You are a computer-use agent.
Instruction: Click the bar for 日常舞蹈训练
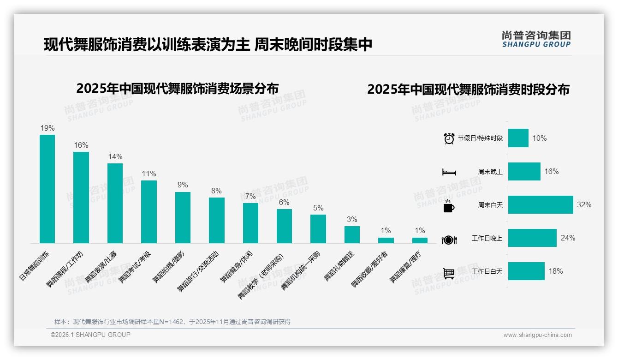(47, 189)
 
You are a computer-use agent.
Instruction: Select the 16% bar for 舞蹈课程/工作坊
(81, 198)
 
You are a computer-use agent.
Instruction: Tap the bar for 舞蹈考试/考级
(149, 211)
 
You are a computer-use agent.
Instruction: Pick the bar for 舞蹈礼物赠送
(352, 234)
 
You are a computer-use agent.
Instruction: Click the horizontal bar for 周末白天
(541, 204)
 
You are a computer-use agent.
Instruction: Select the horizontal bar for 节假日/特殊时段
(518, 138)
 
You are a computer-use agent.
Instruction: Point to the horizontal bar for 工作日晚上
(532, 238)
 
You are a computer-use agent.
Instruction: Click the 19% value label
(47, 128)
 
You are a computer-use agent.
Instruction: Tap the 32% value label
(584, 204)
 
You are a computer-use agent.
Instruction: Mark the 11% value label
(149, 174)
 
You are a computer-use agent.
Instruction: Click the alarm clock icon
(449, 138)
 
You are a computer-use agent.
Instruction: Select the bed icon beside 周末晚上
(449, 172)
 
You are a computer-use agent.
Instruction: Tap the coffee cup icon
(449, 206)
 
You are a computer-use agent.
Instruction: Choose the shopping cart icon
(449, 273)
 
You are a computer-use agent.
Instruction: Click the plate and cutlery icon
(449, 240)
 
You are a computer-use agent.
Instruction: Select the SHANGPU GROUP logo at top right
(536, 39)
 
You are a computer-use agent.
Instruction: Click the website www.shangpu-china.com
(537, 335)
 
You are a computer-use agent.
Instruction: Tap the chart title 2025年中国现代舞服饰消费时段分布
(468, 89)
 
